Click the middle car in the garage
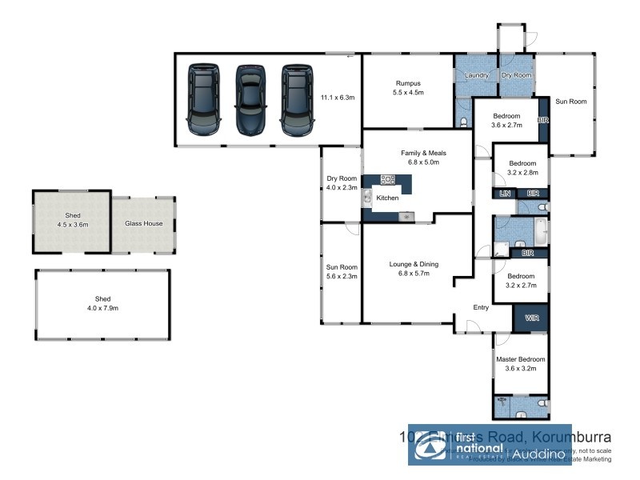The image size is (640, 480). click(x=250, y=100)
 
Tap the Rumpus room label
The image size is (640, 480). click(x=408, y=82)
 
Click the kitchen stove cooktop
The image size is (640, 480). click(x=389, y=179)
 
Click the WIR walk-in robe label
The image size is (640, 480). click(x=532, y=318)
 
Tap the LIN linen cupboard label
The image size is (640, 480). click(x=505, y=194)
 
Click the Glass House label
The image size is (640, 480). click(x=143, y=223)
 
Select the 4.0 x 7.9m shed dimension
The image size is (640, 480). click(x=102, y=307)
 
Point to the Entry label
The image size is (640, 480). click(x=481, y=307)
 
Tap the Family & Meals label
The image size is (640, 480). click(x=423, y=152)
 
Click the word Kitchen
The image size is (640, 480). click(x=387, y=198)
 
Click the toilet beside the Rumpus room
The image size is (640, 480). click(x=465, y=122)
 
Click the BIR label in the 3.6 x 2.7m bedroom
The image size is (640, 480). click(x=543, y=120)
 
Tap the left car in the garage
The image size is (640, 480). click(x=203, y=100)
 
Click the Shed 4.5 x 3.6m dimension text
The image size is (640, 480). click(x=72, y=225)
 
